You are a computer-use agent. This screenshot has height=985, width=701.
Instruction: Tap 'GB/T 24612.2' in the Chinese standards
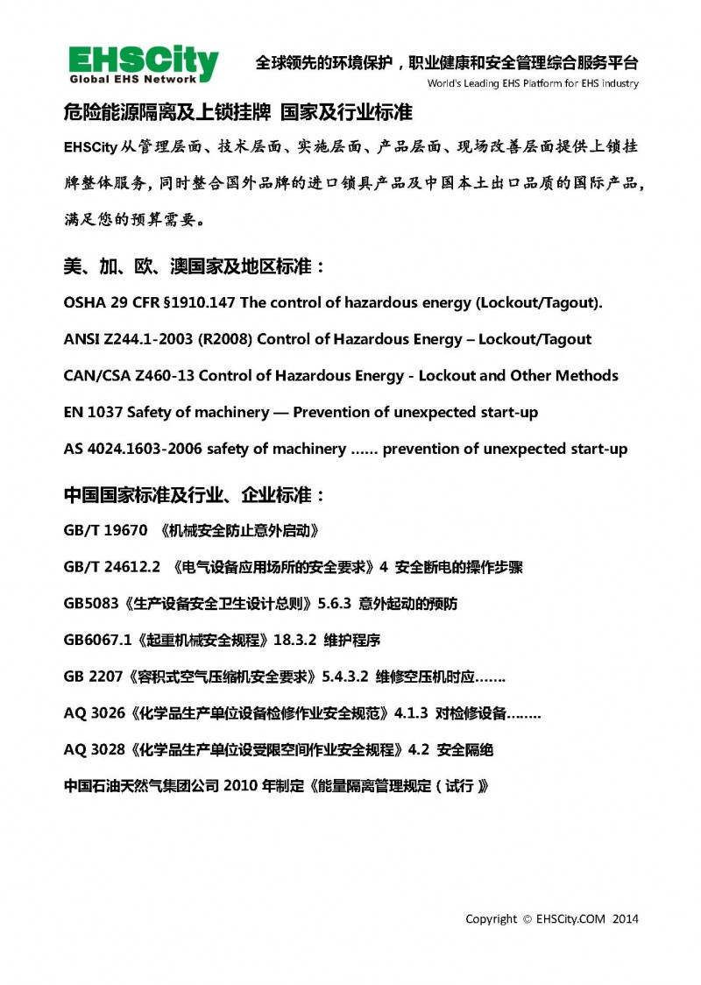pyautogui.click(x=112, y=567)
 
